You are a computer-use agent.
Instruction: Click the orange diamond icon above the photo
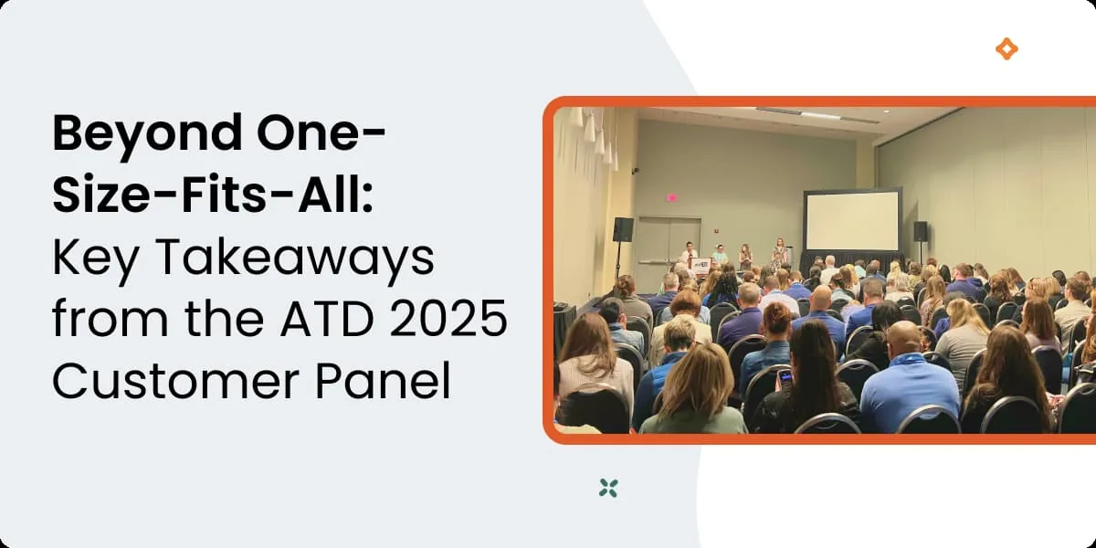(1006, 49)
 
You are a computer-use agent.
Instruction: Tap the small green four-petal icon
(608, 488)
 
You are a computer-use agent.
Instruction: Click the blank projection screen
(851, 221)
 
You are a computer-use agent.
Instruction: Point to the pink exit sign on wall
(672, 196)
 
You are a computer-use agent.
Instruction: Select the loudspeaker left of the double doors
(623, 229)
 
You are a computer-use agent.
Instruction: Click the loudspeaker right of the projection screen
(921, 231)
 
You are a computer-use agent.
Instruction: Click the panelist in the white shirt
(690, 252)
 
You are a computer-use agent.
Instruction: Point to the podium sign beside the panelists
(701, 266)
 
